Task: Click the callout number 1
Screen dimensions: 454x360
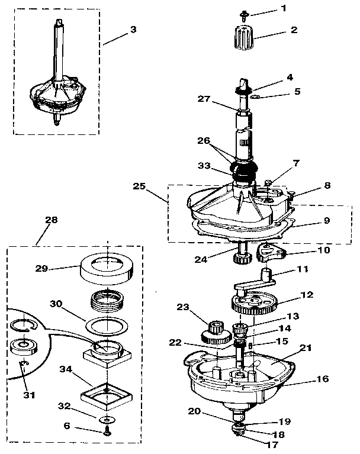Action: (283, 8)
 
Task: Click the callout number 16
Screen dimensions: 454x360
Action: (323, 379)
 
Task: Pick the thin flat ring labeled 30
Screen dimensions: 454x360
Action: (107, 325)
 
